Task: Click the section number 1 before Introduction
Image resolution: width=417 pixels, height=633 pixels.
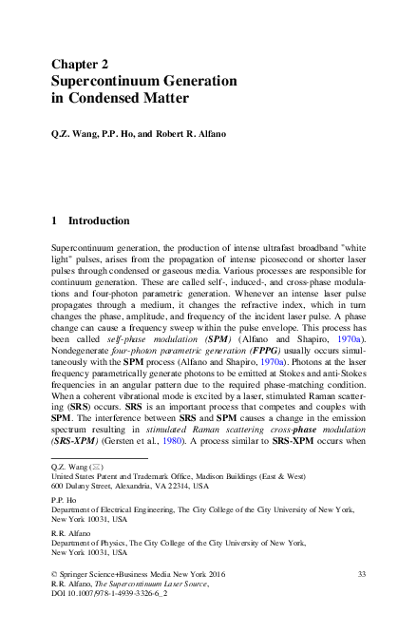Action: pos(55,221)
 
